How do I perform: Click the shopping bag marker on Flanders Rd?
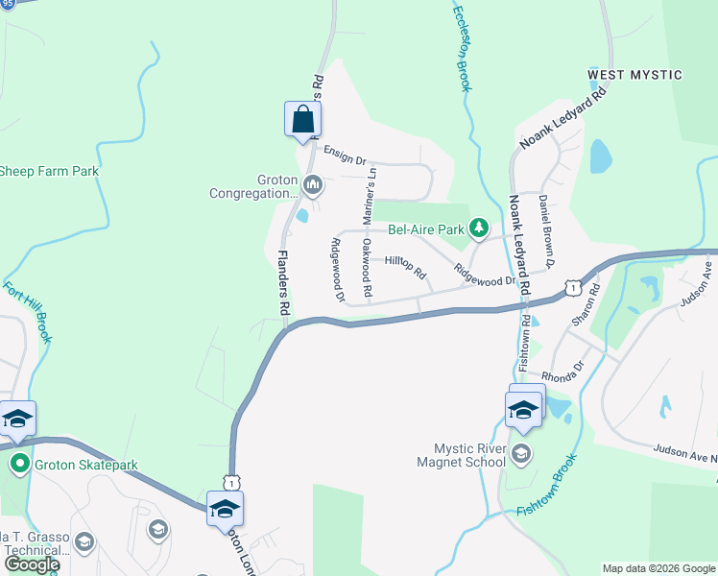point(302,121)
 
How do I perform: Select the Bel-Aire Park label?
point(425,230)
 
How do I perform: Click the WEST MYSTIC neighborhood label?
point(634,75)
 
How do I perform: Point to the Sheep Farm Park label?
point(49,172)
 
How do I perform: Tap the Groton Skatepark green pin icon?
point(18,466)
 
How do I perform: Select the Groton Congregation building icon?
point(312,183)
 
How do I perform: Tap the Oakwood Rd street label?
point(366,268)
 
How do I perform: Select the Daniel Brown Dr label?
point(546,230)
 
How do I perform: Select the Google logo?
point(31,564)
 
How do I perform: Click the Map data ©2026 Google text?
point(658,568)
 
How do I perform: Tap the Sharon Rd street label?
point(584,305)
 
